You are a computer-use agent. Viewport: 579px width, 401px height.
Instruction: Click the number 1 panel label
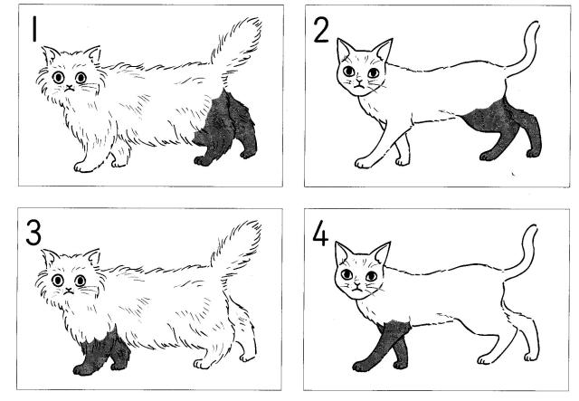tap(34, 29)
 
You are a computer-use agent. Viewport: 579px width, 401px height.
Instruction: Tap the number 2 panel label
tap(321, 30)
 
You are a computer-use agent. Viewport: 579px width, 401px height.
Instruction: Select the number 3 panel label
tap(33, 232)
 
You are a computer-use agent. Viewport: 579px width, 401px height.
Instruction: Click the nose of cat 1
tap(69, 88)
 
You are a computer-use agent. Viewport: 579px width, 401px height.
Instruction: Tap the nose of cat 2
tap(359, 81)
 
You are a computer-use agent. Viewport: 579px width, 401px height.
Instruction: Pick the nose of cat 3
tap(69, 291)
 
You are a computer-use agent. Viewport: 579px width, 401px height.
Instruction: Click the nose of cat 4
tap(356, 285)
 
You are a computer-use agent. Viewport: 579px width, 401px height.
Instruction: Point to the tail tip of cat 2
tap(533, 25)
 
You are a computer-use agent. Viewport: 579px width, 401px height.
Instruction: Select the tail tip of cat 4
tap(532, 228)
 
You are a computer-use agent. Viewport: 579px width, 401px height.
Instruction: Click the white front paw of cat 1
tap(83, 167)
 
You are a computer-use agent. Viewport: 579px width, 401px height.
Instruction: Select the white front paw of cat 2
tap(364, 163)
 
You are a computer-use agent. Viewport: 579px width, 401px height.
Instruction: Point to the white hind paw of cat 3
tap(204, 364)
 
